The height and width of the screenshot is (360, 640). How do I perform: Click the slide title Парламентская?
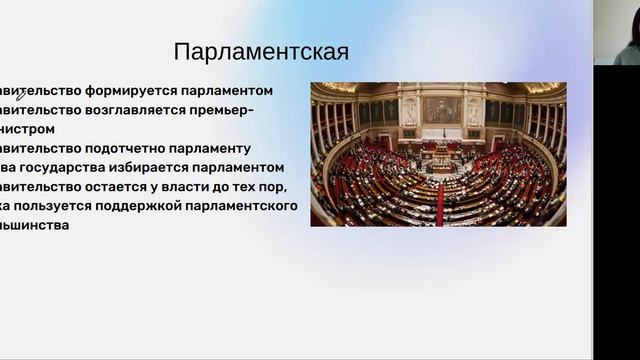[261, 52]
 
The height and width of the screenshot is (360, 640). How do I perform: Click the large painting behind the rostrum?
[441, 109]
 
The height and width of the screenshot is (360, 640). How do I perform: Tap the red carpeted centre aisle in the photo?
[439, 204]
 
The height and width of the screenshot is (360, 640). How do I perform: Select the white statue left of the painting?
[409, 110]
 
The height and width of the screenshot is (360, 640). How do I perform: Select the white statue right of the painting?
[474, 110]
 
